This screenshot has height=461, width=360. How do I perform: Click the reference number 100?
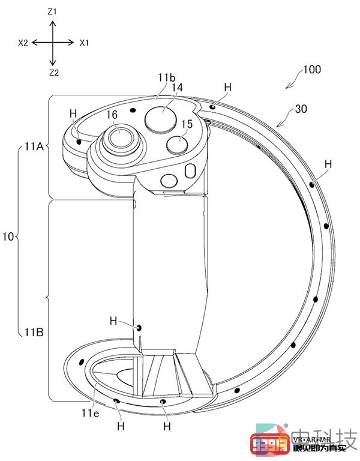tap(312, 70)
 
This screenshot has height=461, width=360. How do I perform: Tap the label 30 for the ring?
tap(301, 109)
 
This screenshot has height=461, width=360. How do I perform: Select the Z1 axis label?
tap(52, 12)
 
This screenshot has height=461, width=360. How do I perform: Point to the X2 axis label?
tap(23, 43)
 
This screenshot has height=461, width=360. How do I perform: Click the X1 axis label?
tap(84, 43)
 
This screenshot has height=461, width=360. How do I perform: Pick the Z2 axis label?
tap(54, 73)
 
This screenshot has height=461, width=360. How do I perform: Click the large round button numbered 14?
tap(161, 118)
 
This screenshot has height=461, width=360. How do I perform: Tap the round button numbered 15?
tap(177, 144)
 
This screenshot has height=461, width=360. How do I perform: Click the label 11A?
tap(34, 146)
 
